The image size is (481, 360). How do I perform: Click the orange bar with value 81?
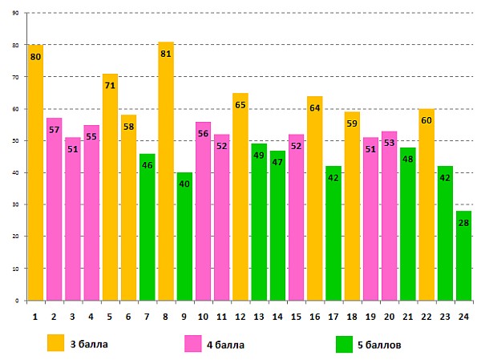[166, 176]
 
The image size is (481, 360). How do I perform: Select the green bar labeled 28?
[463, 257]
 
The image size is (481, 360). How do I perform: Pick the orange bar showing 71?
[110, 192]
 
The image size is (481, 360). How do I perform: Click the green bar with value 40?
[184, 241]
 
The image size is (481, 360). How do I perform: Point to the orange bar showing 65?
[240, 200]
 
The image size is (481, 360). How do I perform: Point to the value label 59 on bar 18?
[352, 124]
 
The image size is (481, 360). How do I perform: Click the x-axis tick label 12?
[240, 317]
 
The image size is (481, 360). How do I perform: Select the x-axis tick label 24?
[463, 317]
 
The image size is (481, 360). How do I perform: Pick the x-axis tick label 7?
[148, 317]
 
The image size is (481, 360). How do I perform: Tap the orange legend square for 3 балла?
[55, 343]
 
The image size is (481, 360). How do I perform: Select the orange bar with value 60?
[426, 208]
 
